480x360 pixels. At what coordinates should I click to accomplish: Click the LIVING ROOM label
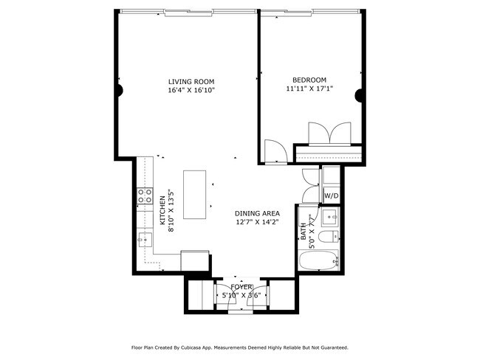[191, 82]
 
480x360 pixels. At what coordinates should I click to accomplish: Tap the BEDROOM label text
[309, 80]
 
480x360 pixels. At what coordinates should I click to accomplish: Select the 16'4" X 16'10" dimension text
[191, 90]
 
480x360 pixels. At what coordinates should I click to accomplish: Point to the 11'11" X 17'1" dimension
[309, 89]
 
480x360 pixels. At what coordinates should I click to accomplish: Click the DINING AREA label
[257, 213]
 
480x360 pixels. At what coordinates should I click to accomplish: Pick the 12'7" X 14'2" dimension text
[257, 222]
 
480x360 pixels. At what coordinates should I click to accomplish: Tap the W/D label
[332, 195]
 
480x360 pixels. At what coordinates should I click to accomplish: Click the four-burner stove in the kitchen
[145, 195]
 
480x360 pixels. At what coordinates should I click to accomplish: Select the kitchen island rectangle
[195, 195]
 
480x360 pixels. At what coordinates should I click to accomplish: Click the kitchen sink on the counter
[145, 240]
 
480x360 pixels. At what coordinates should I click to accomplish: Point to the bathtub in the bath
[318, 260]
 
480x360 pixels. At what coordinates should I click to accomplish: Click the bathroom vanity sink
[330, 217]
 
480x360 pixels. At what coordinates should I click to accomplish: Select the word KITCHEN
[163, 211]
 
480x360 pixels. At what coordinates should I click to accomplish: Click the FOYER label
[241, 287]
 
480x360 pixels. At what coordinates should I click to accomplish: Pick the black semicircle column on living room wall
[120, 91]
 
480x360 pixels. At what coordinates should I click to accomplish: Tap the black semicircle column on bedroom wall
[358, 95]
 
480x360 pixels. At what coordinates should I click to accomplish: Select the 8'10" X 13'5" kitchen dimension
[171, 211]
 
